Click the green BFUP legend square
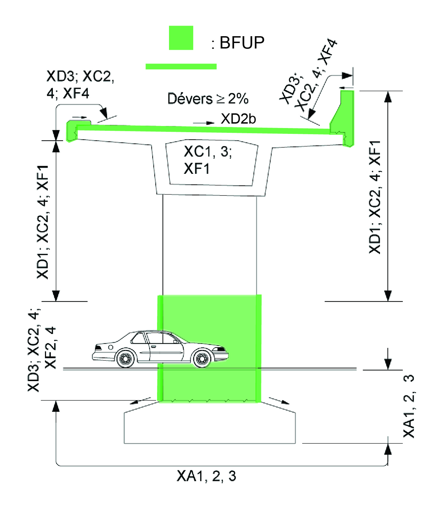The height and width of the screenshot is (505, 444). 181,38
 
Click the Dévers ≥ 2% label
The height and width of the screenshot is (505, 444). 208,99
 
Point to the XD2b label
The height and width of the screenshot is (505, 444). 238,119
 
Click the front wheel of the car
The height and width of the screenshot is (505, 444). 202,357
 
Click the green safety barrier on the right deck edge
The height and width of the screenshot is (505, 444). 342,118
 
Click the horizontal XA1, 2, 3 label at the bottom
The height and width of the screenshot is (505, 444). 206,476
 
